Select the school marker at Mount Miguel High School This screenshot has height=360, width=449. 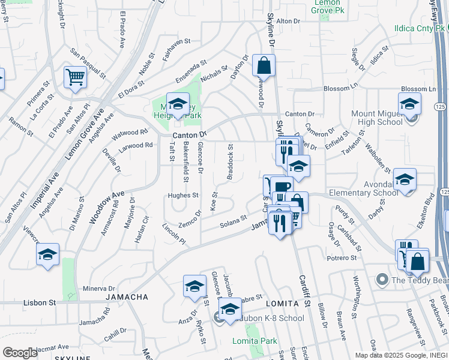409,104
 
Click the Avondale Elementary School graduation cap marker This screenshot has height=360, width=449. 405,179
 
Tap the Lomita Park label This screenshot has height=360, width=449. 255,341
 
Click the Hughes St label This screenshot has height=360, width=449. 183,195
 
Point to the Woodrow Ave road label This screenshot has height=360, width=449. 107,208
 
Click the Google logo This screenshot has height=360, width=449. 20,352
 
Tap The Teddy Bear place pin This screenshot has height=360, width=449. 381,280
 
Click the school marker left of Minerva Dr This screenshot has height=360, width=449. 47,254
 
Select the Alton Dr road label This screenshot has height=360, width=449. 288,21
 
